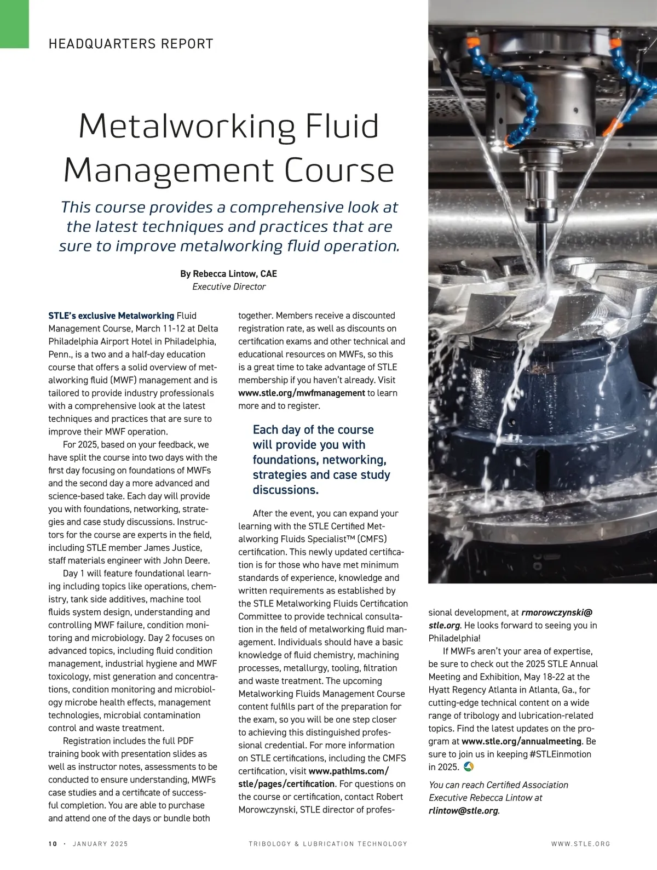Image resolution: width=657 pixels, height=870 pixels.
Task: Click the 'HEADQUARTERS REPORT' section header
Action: [x=131, y=44]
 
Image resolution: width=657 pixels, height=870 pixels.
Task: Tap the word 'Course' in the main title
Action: [x=340, y=170]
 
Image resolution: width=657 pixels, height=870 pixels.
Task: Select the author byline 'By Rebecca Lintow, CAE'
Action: [x=228, y=273]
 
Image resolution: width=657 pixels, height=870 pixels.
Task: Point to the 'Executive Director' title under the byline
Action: [x=228, y=287]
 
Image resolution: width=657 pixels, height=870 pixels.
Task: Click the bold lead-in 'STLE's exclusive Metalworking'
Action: [x=111, y=316]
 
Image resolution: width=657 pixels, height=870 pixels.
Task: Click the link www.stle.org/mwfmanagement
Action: [x=302, y=393]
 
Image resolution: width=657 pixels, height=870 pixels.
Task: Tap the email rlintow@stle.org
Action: [x=464, y=811]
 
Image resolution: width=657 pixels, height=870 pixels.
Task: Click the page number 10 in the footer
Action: [x=53, y=844]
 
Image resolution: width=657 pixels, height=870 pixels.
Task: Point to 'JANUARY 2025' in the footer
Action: [x=100, y=844]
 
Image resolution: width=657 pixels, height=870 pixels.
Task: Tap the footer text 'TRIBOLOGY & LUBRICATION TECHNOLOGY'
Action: [x=328, y=844]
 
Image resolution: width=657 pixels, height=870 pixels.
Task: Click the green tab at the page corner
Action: [x=14, y=24]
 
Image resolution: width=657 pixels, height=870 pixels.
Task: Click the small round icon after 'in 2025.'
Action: [x=468, y=766]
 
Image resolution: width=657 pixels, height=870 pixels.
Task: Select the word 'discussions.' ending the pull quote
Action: [x=285, y=490]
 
